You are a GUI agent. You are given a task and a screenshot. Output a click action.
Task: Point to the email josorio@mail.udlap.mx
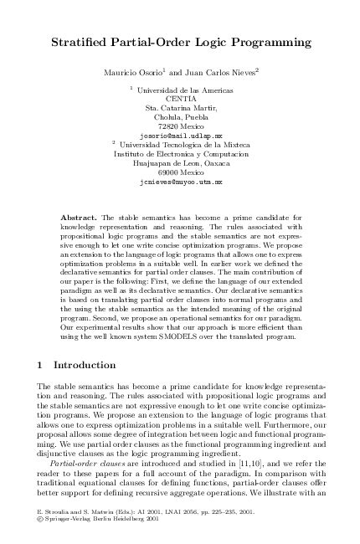[182, 134]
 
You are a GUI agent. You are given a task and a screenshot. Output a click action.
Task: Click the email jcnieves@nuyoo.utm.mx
[182, 181]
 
